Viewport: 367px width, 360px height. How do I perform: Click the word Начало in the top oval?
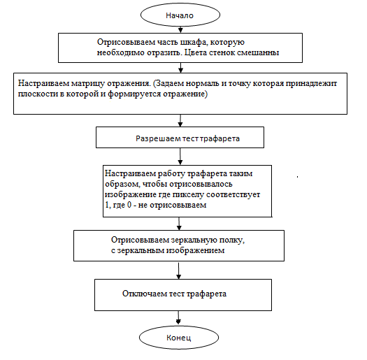pyautogui.click(x=180, y=15)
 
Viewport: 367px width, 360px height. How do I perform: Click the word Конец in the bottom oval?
pyautogui.click(x=178, y=338)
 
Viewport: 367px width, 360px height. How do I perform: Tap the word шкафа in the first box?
pyautogui.click(x=194, y=43)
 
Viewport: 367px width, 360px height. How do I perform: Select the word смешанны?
pyautogui.click(x=258, y=52)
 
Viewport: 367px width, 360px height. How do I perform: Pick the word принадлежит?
pyautogui.click(x=311, y=84)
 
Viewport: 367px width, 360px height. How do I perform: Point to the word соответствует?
pyautogui.click(x=233, y=194)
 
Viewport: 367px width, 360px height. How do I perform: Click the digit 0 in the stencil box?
pyautogui.click(x=129, y=205)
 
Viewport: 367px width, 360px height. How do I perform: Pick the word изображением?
pyautogui.click(x=195, y=251)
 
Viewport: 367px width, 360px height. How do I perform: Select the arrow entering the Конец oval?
pyautogui.click(x=178, y=317)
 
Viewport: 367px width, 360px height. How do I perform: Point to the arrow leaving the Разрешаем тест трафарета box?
pyautogui.click(x=180, y=157)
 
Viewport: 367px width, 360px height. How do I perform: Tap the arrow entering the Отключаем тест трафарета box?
pyautogui.click(x=178, y=271)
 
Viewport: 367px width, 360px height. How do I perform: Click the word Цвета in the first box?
pyautogui.click(x=195, y=52)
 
